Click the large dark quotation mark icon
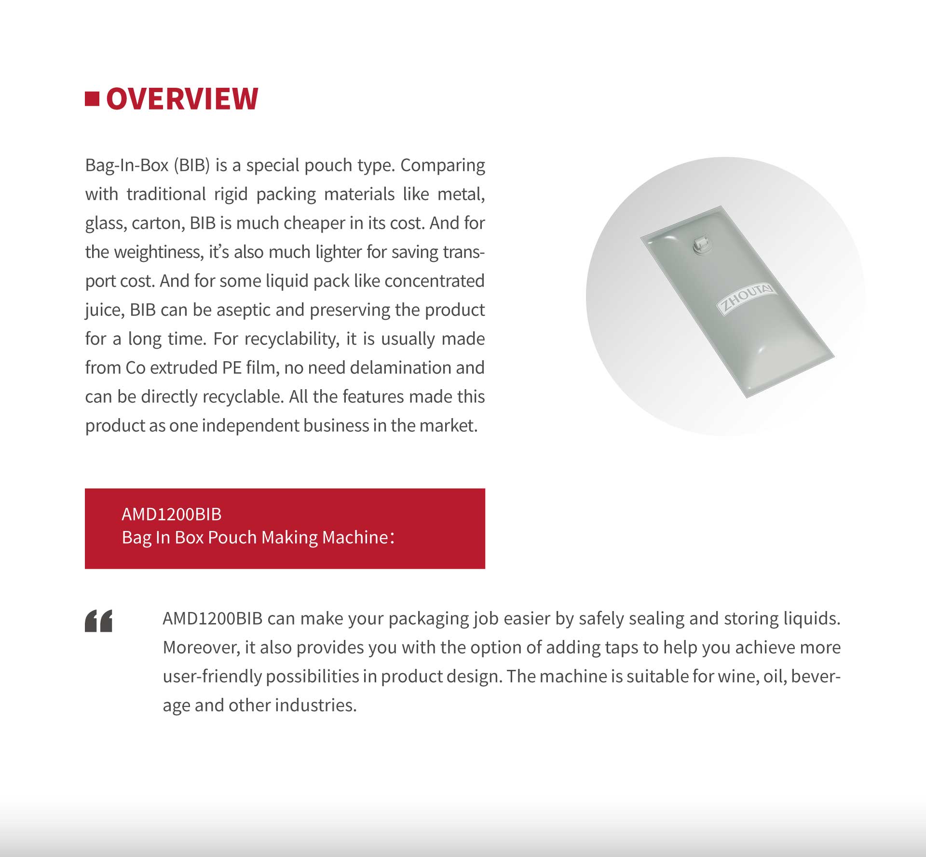click(99, 621)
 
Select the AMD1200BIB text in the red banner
click(171, 515)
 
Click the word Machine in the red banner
click(355, 537)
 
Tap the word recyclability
click(291, 339)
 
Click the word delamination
click(400, 368)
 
